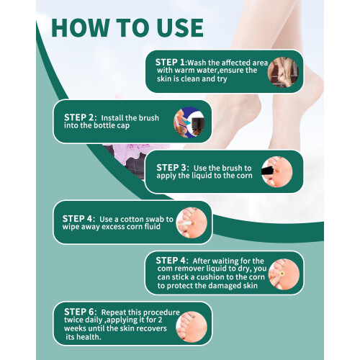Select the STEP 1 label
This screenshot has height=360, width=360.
click(x=171, y=62)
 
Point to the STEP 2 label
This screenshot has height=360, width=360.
click(x=80, y=117)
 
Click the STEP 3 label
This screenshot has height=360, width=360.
click(x=173, y=168)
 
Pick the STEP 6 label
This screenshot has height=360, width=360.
click(x=80, y=312)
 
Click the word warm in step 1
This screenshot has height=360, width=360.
click(x=184, y=71)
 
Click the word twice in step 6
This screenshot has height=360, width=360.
click(x=73, y=320)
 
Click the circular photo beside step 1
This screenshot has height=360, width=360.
click(x=283, y=72)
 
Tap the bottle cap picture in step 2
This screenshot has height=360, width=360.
click(x=189, y=122)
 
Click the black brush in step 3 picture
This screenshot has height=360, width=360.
click(x=268, y=171)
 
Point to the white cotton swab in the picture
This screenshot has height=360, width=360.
click(x=184, y=224)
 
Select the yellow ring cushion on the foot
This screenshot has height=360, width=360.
click(x=282, y=274)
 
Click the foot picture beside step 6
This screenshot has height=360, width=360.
click(x=192, y=327)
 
